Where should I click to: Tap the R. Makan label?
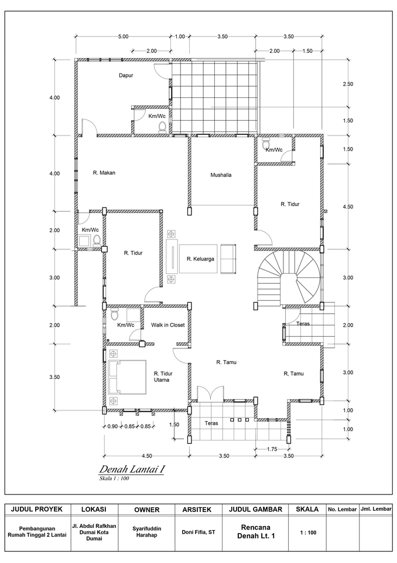pos(104,173)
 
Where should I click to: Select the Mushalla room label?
pos(221,175)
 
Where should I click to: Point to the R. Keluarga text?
pos(200,259)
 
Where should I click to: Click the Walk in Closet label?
pos(168,324)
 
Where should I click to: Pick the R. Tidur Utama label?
pos(162,377)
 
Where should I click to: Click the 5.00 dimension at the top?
pos(123,36)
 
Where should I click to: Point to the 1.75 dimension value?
pos(271,449)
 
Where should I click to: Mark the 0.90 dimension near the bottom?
pos(112,426)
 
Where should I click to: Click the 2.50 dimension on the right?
pos(348,84)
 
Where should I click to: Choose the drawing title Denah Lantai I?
pos(132,470)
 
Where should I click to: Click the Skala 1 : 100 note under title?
pos(114,479)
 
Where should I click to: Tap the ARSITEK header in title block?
pos(198,509)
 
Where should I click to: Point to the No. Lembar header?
pos(341,509)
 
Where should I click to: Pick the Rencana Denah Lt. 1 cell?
pos(255,531)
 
